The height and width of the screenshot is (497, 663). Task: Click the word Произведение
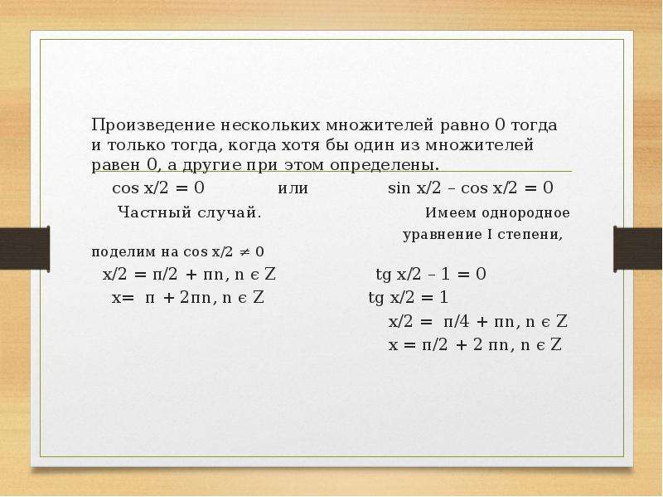click(154, 126)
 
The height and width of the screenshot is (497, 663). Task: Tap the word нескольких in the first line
click(271, 125)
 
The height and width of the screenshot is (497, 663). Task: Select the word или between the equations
click(293, 188)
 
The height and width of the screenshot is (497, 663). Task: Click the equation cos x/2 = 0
click(158, 188)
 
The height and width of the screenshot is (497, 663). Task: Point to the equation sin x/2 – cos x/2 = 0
click(471, 188)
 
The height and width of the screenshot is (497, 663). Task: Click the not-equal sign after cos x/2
click(244, 252)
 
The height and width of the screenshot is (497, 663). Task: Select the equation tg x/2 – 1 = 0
click(431, 275)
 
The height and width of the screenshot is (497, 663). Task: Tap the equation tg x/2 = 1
click(408, 298)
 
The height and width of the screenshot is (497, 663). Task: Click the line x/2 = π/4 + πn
click(478, 322)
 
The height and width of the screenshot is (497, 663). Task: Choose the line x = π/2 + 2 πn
click(475, 345)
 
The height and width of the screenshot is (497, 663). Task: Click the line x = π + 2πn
click(188, 298)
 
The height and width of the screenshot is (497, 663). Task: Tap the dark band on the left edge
click(25, 248)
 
